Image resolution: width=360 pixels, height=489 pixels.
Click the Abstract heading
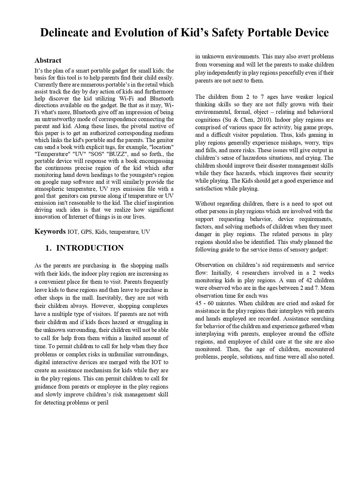(x=48, y=60)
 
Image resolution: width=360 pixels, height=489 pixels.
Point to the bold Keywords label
(x=50, y=231)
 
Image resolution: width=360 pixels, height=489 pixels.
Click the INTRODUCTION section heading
(x=90, y=248)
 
